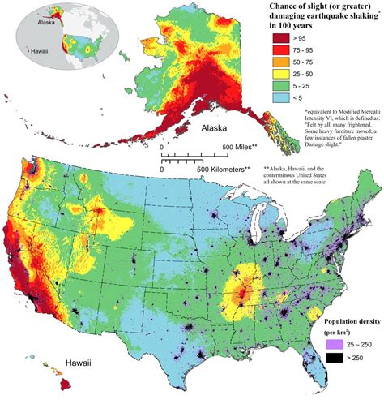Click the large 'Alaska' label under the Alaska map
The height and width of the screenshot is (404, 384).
click(195, 129)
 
